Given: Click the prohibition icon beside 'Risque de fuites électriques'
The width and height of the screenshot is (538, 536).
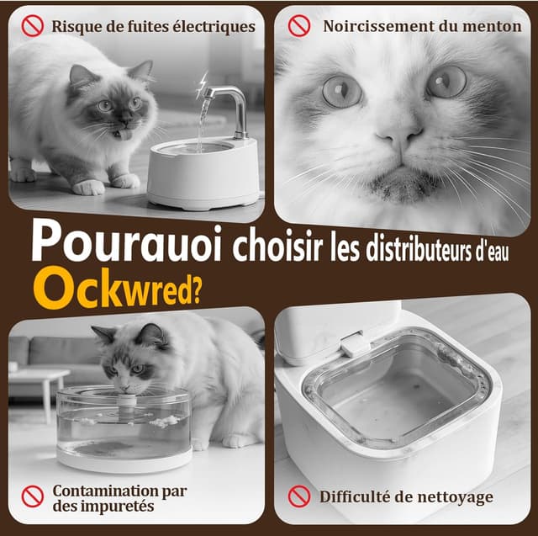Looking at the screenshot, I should [32, 26].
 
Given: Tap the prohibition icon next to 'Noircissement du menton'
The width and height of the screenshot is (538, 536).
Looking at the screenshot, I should [298, 26].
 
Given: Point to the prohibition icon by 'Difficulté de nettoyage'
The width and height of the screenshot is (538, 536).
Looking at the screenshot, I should [298, 496].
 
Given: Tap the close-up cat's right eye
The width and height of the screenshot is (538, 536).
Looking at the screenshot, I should [446, 82].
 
